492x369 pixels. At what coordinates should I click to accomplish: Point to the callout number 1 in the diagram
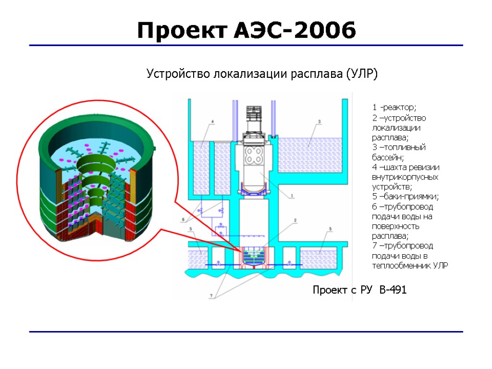(x=291, y=196)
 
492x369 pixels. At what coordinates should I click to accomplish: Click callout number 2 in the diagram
(x=295, y=220)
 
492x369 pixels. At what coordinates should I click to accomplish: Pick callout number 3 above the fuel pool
(x=319, y=122)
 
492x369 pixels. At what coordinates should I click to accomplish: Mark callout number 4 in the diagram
(x=212, y=122)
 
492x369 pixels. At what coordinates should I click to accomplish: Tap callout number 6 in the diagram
(x=183, y=221)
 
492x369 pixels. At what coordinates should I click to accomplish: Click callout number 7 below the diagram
(x=210, y=296)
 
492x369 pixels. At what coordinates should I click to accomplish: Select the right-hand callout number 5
(x=330, y=229)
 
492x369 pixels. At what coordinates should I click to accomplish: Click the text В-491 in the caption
(x=393, y=290)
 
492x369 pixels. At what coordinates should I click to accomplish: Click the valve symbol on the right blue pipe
(x=290, y=263)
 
